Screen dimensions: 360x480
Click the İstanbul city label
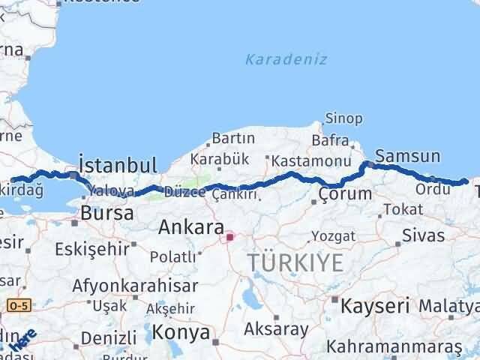[x=118, y=165]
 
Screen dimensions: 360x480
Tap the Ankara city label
[x=190, y=227]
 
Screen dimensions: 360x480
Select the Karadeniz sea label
[x=286, y=59]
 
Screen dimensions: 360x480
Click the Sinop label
[x=344, y=118]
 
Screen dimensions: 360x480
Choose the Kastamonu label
[x=312, y=161]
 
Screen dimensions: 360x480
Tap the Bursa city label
[x=108, y=213]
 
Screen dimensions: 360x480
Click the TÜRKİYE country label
[x=296, y=262]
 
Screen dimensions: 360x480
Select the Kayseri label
[x=376, y=305]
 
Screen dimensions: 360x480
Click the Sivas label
[x=424, y=235]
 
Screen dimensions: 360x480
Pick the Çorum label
[x=345, y=194]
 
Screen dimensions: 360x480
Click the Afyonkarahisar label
[x=136, y=286]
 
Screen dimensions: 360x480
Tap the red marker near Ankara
[x=230, y=238]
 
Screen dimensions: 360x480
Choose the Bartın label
[x=233, y=139]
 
